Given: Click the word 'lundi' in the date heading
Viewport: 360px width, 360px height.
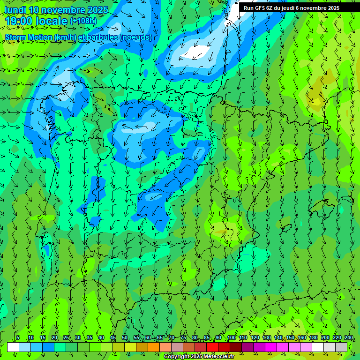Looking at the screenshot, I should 15,10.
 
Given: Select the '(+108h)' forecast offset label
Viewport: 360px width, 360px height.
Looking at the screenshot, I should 83,21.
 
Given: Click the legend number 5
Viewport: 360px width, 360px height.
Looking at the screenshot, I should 18,338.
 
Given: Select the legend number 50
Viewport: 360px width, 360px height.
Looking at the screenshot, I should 125,338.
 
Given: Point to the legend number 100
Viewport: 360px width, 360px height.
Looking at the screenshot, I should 231,338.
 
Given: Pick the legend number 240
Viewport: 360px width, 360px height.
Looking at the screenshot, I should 349,338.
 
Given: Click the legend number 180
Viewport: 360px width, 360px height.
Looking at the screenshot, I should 314,338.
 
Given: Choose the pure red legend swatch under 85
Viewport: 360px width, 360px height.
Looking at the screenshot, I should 212,347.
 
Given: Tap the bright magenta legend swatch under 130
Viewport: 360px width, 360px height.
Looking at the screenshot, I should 271,347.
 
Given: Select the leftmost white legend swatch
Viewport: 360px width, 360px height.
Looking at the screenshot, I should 13,347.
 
